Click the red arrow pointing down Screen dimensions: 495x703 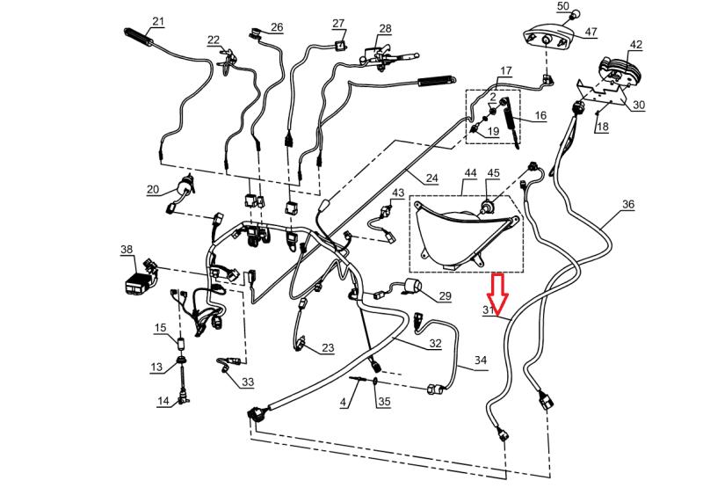pyautogui.click(x=496, y=294)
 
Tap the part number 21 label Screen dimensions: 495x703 pyautogui.click(x=158, y=22)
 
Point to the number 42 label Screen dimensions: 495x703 pyautogui.click(x=636, y=45)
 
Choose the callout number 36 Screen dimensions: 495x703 pyautogui.click(x=627, y=205)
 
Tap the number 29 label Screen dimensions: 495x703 pyautogui.click(x=445, y=296)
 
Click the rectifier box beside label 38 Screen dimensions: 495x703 pyautogui.click(x=142, y=274)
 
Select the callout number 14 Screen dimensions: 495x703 pyautogui.click(x=163, y=402)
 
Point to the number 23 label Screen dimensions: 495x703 pyautogui.click(x=327, y=348)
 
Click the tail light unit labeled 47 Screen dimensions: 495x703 pyautogui.click(x=547, y=39)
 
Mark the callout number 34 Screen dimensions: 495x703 pyautogui.click(x=480, y=360)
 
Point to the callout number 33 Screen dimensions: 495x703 pyautogui.click(x=248, y=382)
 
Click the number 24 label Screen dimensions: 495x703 pyautogui.click(x=431, y=178)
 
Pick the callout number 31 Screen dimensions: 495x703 pyautogui.click(x=489, y=311)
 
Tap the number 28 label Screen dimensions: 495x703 pyautogui.click(x=385, y=29)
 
